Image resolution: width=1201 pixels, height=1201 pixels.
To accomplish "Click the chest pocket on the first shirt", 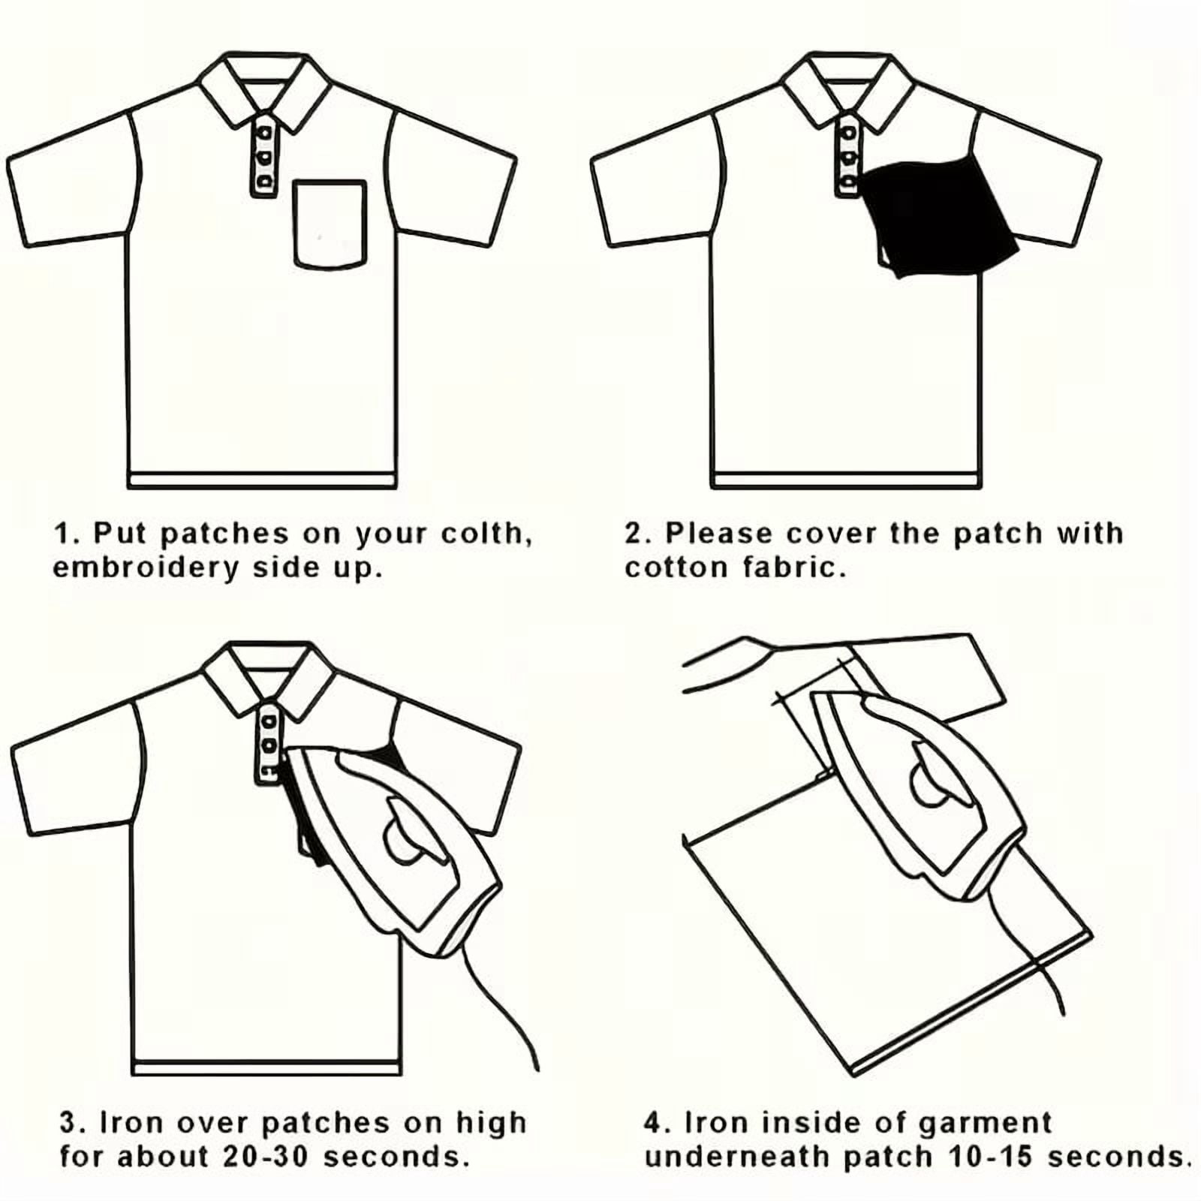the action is [x=330, y=224].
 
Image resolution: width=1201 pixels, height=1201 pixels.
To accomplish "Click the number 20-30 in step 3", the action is [x=266, y=1156].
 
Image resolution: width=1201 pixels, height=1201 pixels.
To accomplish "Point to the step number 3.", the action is [x=69, y=1124].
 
